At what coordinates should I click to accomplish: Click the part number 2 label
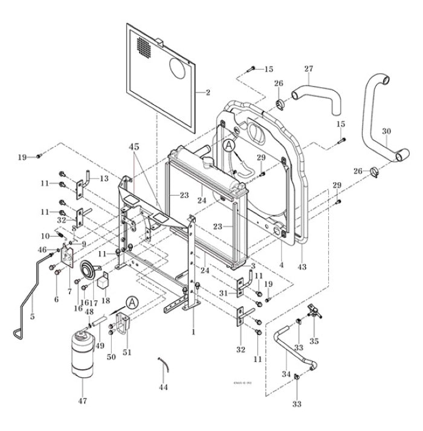coord(207,93)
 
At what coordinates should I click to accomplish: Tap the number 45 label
coord(134,146)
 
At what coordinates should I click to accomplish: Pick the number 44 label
coord(164,387)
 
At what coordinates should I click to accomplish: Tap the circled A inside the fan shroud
coord(228,146)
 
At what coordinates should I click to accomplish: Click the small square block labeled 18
coord(105,280)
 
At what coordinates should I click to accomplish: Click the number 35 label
coord(314,341)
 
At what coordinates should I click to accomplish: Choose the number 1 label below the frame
coord(193,332)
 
